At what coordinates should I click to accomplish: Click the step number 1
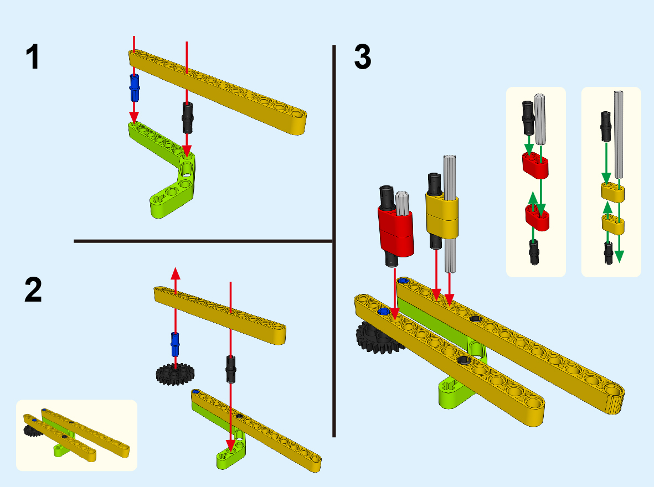tap(33, 58)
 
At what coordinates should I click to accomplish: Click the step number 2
tap(33, 291)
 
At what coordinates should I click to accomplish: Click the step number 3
tap(363, 58)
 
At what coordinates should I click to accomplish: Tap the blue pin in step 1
tap(135, 87)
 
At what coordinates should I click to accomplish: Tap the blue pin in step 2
tap(176, 344)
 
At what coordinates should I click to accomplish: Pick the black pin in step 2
tap(230, 369)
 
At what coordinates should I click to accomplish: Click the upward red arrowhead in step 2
tap(176, 272)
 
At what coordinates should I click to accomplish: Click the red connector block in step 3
tap(396, 232)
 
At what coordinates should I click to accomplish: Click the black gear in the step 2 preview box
tap(32, 432)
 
